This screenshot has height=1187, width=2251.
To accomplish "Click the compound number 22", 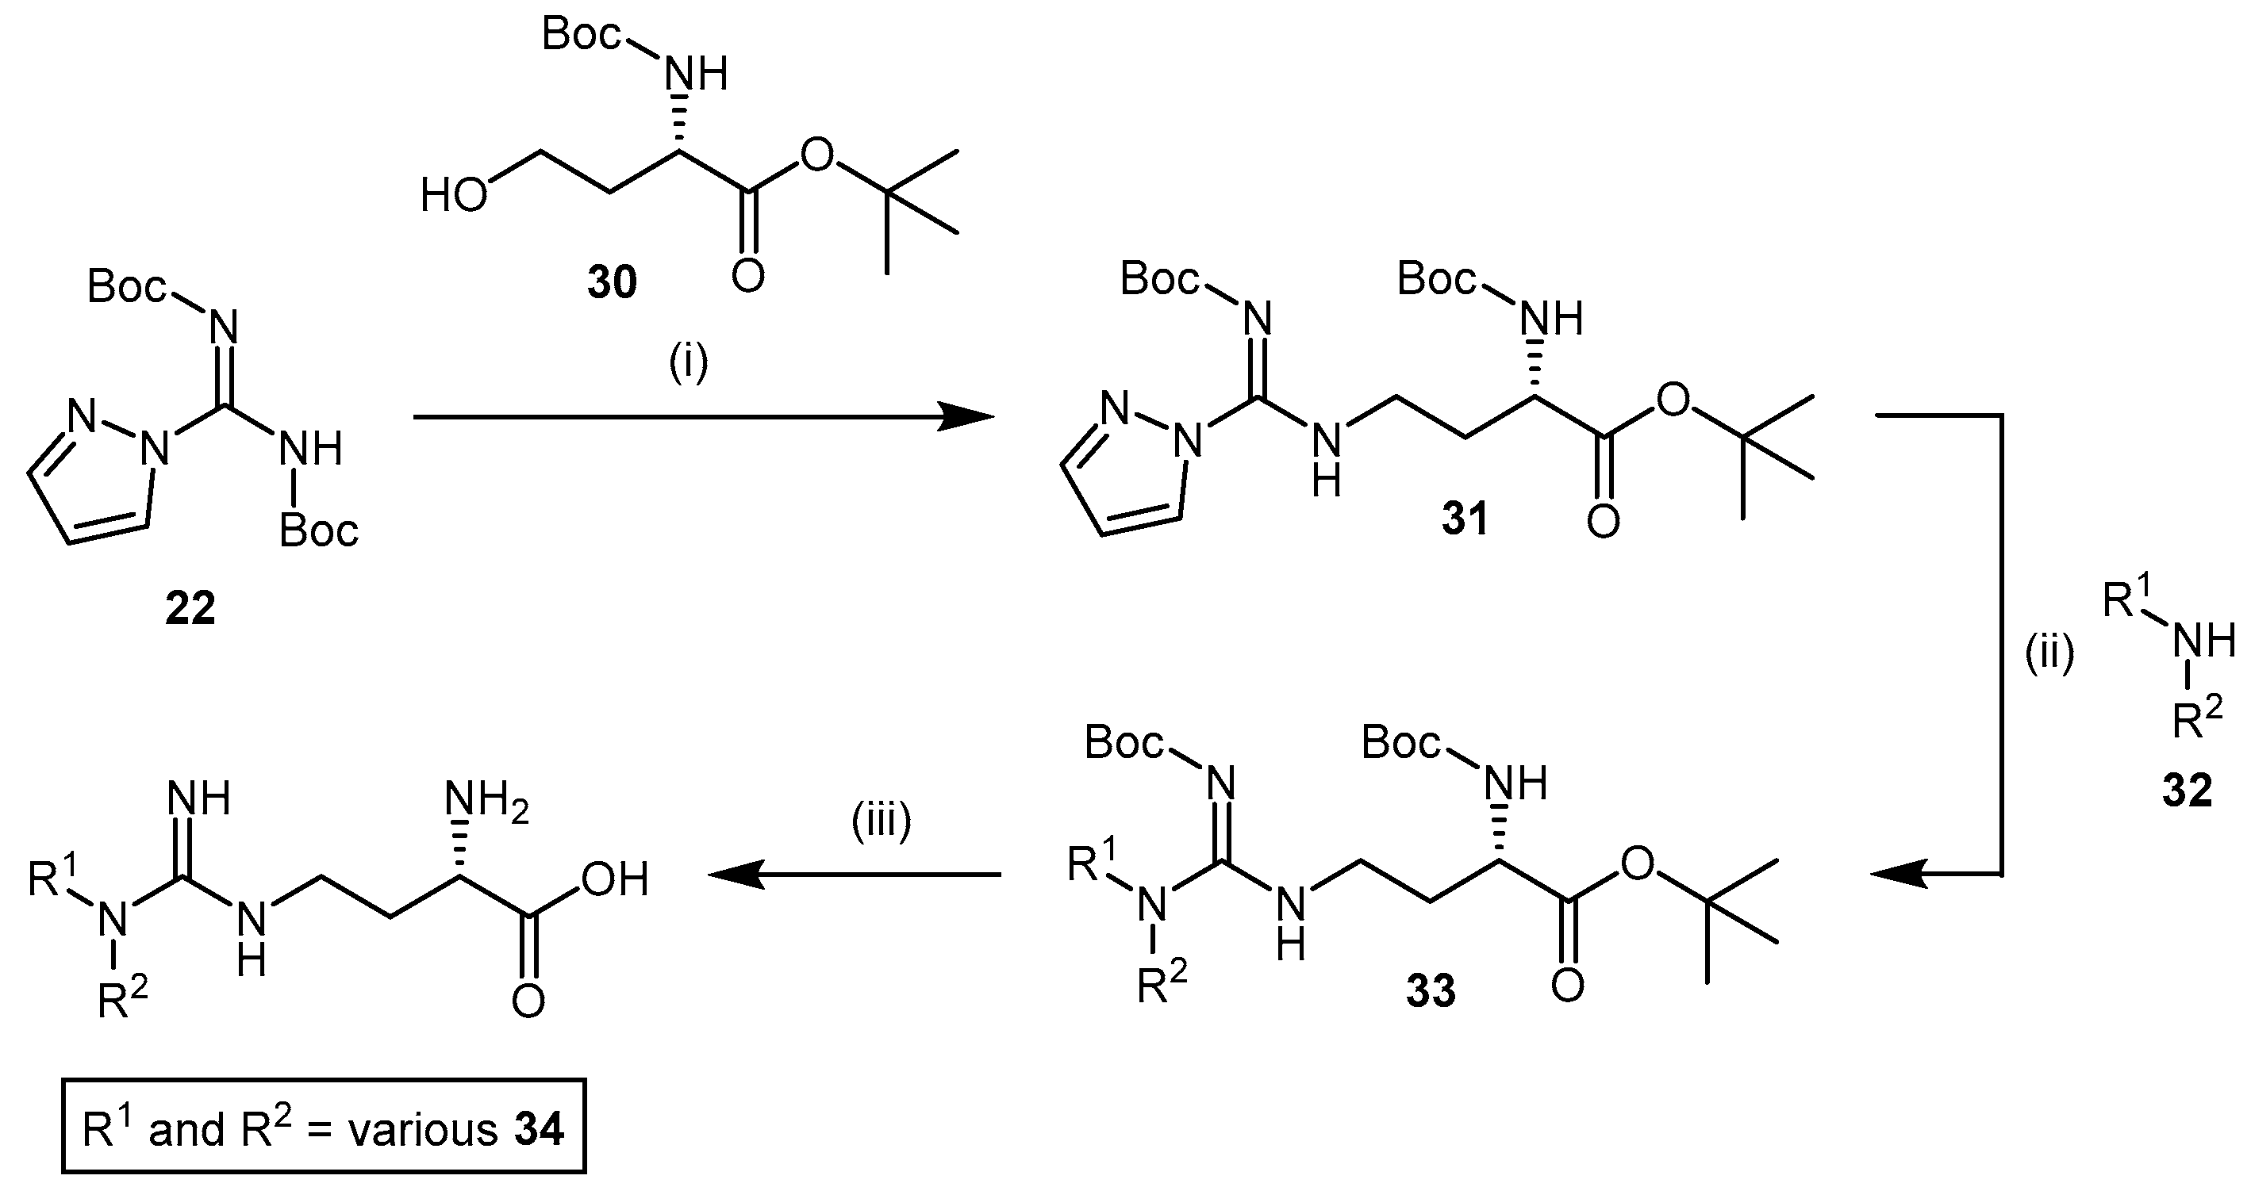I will [190, 609].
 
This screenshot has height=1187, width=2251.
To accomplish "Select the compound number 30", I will [612, 282].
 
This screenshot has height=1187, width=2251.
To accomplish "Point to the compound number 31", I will [1465, 519].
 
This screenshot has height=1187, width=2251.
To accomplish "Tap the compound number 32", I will [2188, 791].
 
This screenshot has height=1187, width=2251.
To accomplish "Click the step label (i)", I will [689, 363].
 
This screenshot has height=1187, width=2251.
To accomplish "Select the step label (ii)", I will [2049, 653].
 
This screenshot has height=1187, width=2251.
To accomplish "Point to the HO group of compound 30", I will [454, 195].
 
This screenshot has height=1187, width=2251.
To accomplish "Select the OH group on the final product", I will [614, 879].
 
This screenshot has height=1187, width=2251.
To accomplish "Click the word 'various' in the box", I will [423, 1130].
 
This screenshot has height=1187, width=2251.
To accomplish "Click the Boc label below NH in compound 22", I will [319, 531].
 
